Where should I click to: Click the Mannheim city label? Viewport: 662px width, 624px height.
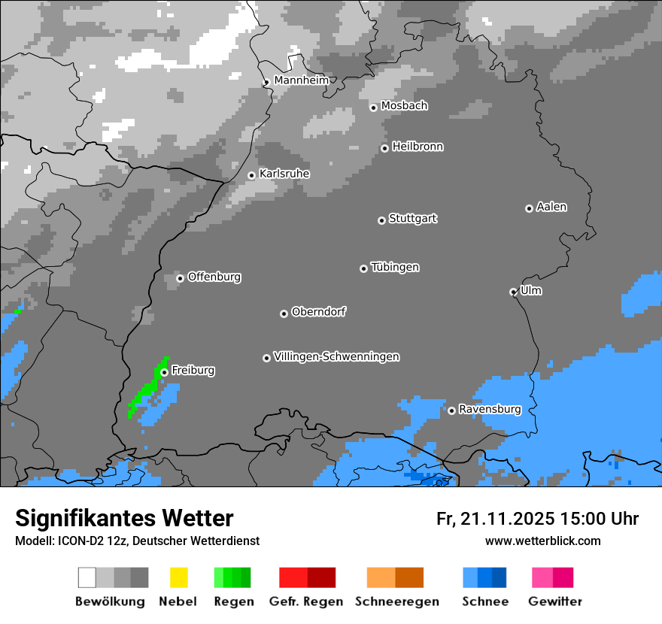tap(301, 80)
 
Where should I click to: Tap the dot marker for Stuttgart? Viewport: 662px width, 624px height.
tap(381, 220)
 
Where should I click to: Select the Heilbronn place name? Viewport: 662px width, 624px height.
tap(418, 147)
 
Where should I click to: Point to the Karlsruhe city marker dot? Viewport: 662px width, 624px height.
tap(252, 176)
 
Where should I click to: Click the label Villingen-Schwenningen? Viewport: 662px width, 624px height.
tap(336, 356)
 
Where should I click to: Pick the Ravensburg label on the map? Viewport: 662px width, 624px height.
tap(490, 409)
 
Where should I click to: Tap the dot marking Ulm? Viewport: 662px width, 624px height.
tap(513, 292)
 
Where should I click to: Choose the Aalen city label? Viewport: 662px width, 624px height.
tap(551, 207)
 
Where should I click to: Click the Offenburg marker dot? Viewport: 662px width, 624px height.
tap(180, 278)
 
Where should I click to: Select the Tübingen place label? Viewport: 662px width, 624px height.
tap(395, 267)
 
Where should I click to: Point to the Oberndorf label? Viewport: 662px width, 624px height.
tap(318, 311)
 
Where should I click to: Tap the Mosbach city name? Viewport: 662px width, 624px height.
tap(404, 106)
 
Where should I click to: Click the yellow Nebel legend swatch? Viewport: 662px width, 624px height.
tap(178, 577)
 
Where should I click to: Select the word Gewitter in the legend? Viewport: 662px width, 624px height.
tap(555, 601)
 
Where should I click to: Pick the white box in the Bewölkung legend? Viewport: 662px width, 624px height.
tap(87, 577)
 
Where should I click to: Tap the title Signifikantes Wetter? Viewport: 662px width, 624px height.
tap(124, 518)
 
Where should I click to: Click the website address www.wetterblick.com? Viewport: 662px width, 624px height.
tap(542, 541)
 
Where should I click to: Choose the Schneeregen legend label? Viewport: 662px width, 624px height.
tap(396, 601)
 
